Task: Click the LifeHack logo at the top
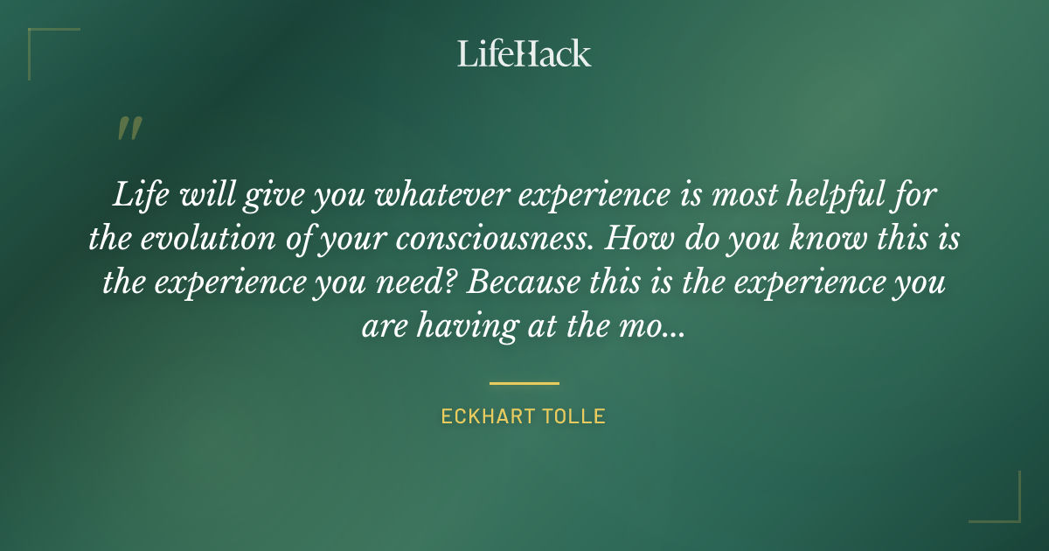coord(524,53)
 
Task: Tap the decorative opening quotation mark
coord(129,129)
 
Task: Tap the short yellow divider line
coord(524,383)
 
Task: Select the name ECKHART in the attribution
coord(485,416)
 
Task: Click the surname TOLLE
coord(573,416)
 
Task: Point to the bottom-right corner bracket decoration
coord(1006,508)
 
